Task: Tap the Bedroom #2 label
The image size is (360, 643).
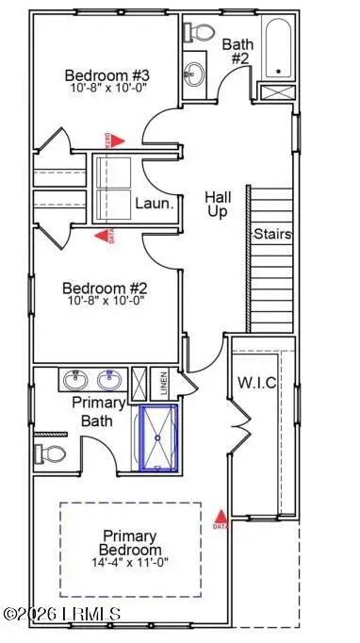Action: tap(101, 289)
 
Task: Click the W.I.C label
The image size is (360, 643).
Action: tap(254, 383)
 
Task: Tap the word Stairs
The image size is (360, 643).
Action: tap(271, 234)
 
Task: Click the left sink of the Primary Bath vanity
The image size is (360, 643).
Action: tap(75, 380)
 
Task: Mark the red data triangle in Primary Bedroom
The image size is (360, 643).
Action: tap(221, 517)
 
